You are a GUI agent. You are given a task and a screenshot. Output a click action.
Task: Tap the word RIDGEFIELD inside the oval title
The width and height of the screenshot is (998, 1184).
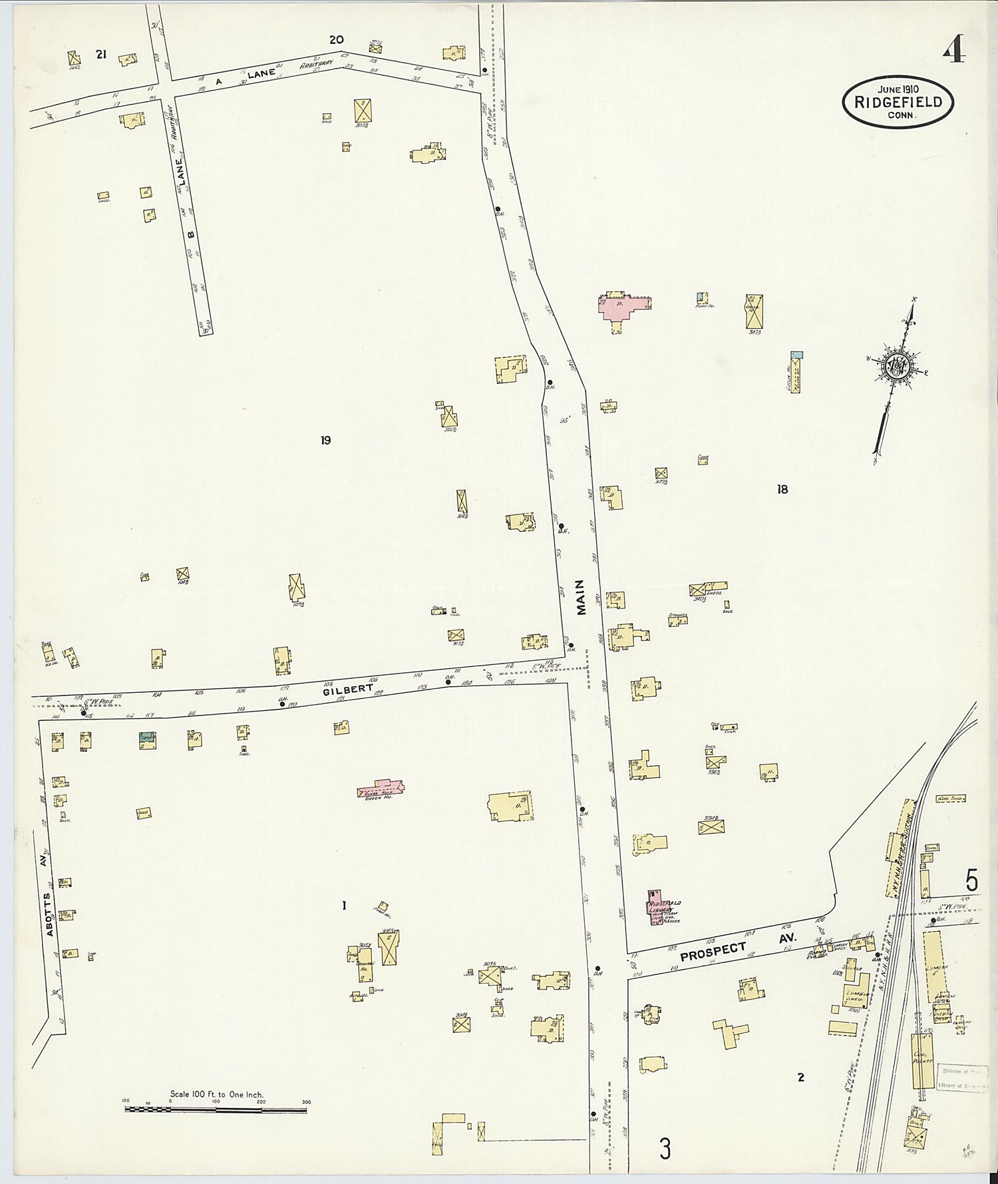[898, 102]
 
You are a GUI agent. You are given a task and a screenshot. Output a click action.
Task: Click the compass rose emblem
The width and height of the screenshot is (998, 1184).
[896, 365]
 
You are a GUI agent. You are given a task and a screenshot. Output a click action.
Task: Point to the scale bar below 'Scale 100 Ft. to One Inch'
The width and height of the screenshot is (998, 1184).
[216, 1109]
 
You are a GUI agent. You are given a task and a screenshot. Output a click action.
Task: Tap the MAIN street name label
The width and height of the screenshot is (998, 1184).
[581, 596]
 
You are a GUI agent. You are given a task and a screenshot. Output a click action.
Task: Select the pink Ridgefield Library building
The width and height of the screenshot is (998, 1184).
[653, 906]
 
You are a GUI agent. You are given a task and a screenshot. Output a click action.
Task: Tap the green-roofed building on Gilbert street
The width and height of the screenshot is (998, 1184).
[147, 737]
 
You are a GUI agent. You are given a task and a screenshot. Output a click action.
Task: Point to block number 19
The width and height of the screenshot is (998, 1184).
[325, 440]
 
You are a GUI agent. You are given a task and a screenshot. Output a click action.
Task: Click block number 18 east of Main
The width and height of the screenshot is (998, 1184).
[782, 489]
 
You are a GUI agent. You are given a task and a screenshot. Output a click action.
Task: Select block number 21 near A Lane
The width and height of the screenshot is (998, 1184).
[100, 55]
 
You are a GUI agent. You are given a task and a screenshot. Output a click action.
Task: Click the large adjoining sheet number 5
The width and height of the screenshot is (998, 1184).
[971, 882]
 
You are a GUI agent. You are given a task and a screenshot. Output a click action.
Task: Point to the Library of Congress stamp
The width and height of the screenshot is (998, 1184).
[963, 1077]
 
